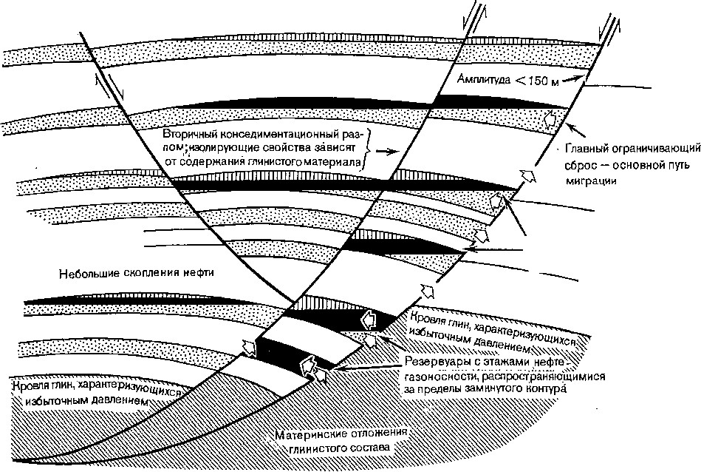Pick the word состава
tap(368, 448)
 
